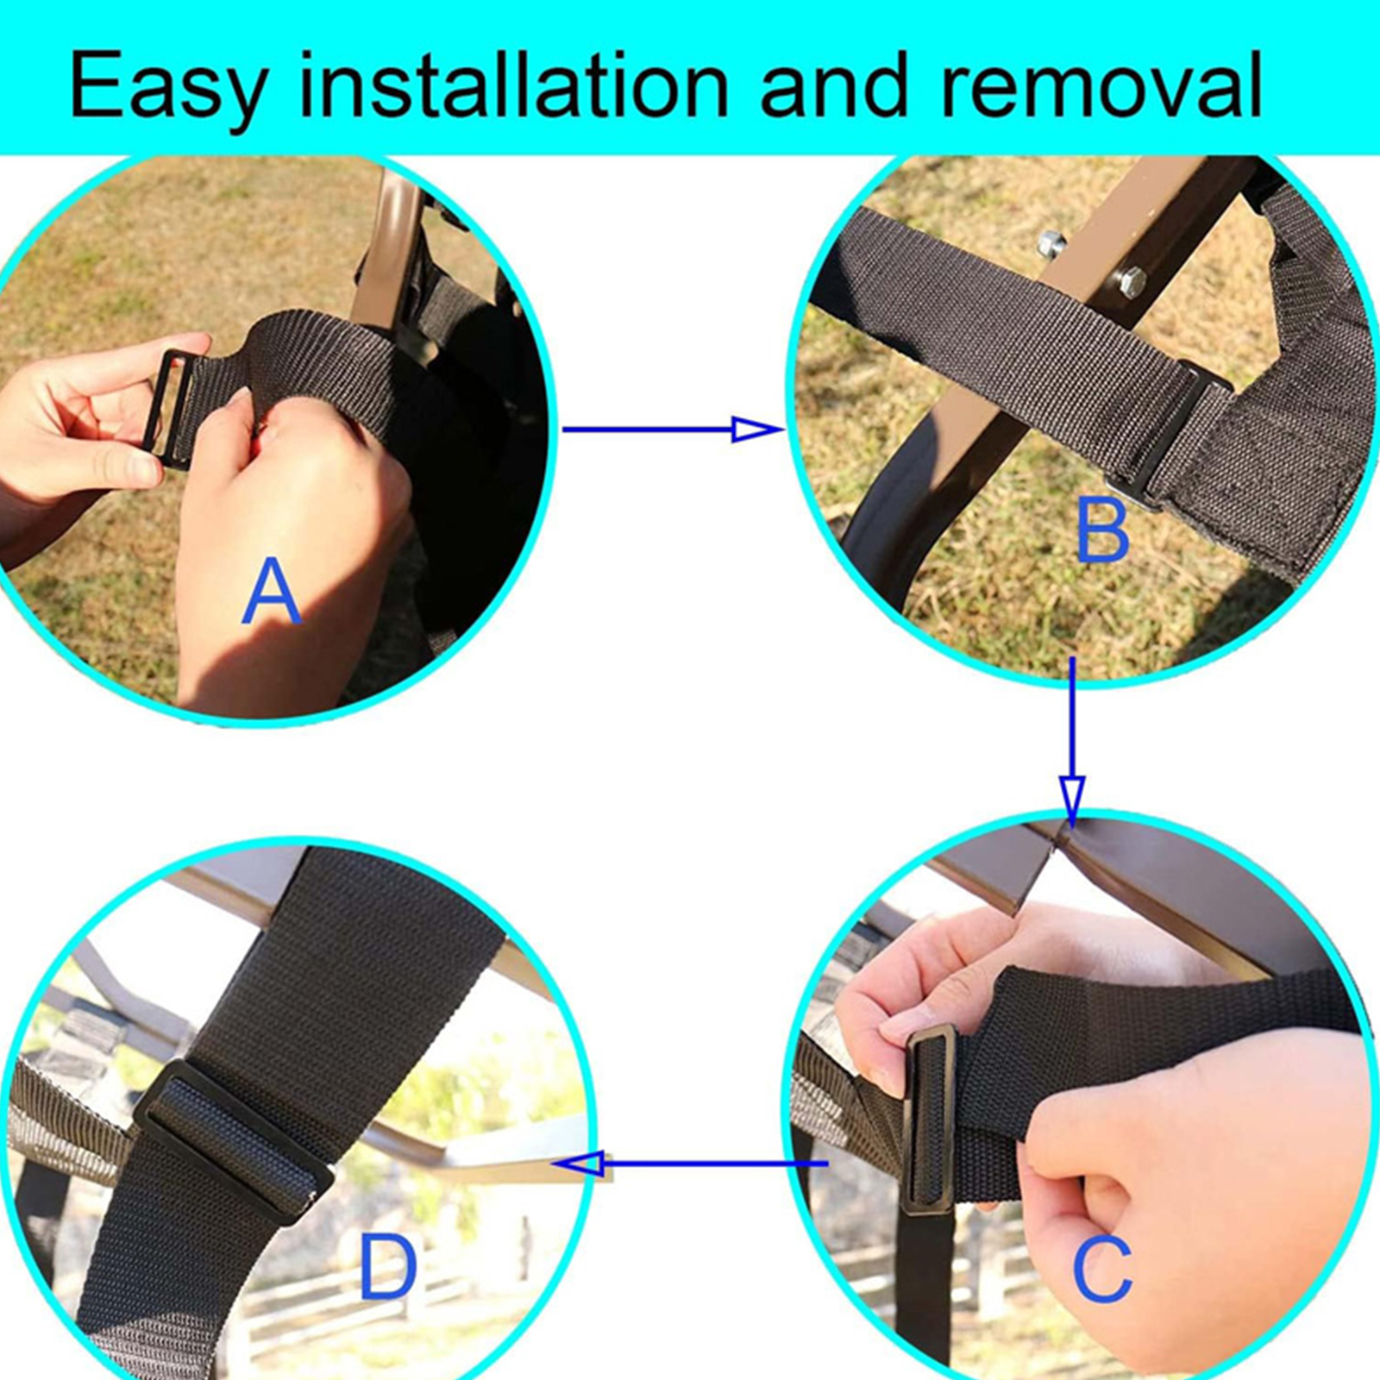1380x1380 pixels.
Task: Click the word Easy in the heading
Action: [169, 86]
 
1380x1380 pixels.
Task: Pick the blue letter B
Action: [1102, 530]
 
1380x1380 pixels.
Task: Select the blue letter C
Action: [1101, 1269]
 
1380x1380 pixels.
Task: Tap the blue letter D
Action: [388, 1267]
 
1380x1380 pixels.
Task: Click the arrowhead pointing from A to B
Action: [756, 429]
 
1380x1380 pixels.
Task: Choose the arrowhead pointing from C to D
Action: [580, 1164]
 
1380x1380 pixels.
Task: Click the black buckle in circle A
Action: [170, 409]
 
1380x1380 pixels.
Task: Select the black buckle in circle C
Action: [930, 1119]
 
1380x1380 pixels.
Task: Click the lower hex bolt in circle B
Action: [1130, 281]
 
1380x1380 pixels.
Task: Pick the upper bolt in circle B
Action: [1051, 245]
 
